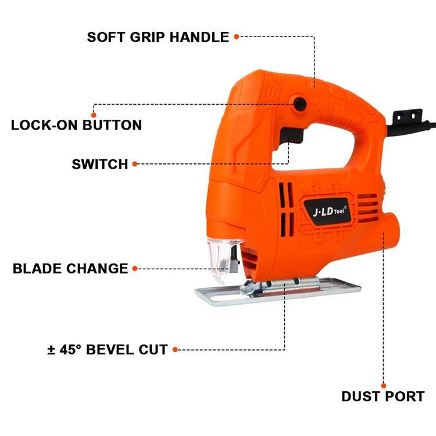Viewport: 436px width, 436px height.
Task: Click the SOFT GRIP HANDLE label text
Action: [158, 37]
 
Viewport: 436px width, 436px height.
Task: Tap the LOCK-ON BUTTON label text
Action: [76, 125]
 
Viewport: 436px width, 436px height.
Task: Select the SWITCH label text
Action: [100, 164]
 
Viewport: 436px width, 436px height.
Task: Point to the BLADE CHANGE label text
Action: [70, 269]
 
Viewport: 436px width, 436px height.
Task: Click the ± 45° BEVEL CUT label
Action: [108, 350]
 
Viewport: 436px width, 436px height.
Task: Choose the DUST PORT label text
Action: [383, 397]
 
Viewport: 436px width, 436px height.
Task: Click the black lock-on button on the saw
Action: [300, 104]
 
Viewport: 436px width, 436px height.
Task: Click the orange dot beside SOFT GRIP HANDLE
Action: [237, 37]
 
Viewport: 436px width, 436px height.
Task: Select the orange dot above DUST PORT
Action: [383, 385]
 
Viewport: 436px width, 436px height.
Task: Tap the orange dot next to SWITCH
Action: [135, 164]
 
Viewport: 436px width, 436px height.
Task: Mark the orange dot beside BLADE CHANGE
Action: [135, 269]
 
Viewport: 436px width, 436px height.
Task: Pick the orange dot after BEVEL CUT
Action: [175, 350]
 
